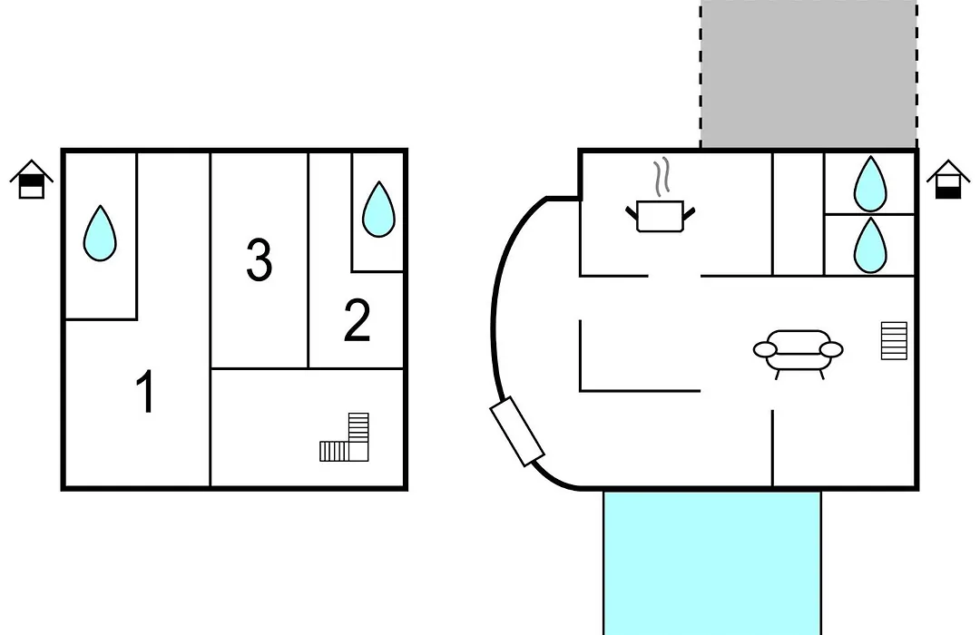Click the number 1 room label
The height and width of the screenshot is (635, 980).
(145, 391)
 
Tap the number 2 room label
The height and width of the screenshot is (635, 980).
(357, 320)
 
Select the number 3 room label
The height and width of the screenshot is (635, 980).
(259, 259)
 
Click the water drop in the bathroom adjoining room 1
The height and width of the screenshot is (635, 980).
(100, 233)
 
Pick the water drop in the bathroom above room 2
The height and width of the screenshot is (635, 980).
(378, 209)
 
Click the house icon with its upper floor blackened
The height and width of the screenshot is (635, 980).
(31, 180)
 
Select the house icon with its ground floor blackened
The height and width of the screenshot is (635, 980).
(948, 180)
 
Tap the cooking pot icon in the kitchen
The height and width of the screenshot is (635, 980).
(660, 216)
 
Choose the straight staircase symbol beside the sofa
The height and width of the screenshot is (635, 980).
(894, 340)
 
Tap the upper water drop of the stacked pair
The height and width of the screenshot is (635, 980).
(870, 184)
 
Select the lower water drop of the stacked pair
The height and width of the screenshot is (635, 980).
(870, 245)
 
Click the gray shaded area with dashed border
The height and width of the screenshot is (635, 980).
(808, 73)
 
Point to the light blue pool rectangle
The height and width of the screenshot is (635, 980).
(712, 562)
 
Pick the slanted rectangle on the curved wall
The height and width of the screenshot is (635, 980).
(517, 431)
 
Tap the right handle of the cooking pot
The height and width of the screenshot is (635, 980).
(690, 214)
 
